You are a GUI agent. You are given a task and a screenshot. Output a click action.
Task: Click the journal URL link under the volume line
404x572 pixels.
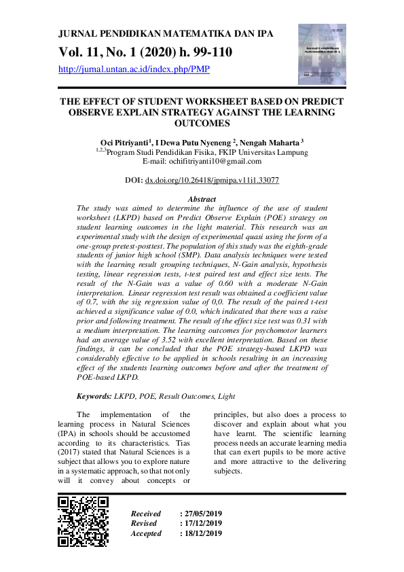134,69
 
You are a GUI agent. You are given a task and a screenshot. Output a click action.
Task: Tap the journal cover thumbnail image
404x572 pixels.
322,54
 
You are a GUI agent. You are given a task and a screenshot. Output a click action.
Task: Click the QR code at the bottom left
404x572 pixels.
84,522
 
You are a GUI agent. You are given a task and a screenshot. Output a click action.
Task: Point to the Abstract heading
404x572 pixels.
202,199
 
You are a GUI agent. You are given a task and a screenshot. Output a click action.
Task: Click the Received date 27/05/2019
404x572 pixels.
201,514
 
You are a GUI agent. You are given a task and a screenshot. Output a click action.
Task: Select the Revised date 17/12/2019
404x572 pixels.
201,523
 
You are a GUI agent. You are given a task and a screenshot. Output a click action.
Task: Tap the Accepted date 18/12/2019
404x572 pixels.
201,533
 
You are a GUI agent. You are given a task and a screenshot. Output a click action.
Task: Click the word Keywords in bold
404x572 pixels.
95,395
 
